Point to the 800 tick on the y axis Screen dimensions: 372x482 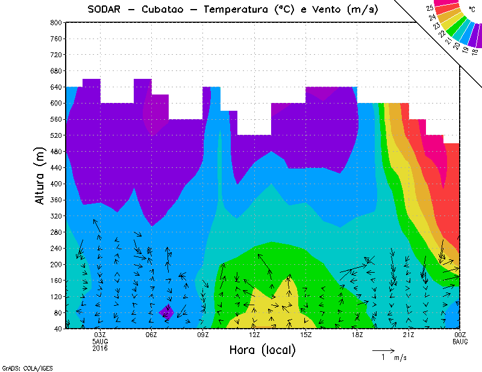pyautogui.click(x=55, y=22)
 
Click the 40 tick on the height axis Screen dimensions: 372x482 pyautogui.click(x=57, y=329)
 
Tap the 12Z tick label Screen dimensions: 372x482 pyautogui.click(x=254, y=335)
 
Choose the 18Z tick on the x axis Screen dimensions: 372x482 pyautogui.click(x=357, y=335)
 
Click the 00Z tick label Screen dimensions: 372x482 pyautogui.click(x=460, y=335)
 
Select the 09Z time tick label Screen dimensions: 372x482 pyautogui.click(x=203, y=335)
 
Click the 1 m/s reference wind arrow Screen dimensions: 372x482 pyautogui.click(x=383, y=349)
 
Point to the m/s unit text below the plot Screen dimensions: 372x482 pyautogui.click(x=400, y=358)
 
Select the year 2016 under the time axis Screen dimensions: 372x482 pyautogui.click(x=100, y=348)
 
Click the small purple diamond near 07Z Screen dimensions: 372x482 pyautogui.click(x=167, y=312)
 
